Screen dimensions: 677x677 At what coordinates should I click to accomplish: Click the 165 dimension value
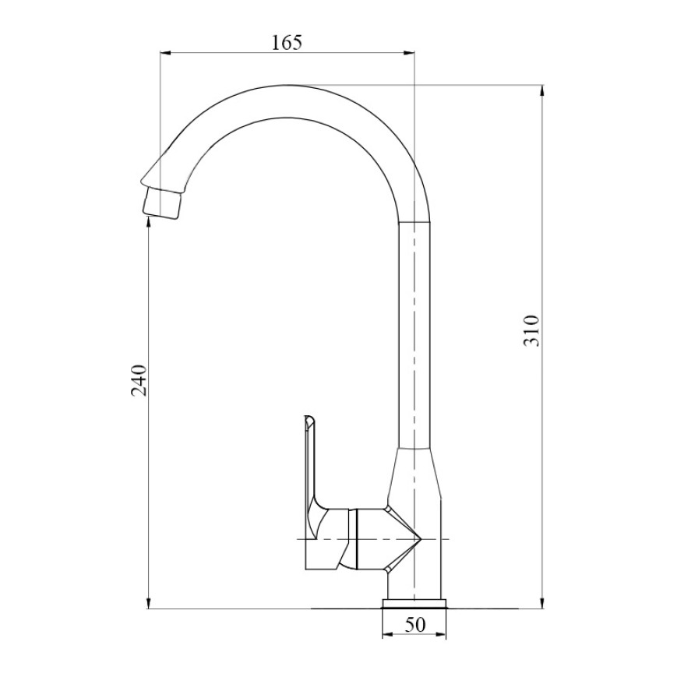(x=287, y=42)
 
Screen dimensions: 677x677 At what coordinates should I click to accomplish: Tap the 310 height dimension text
(x=531, y=331)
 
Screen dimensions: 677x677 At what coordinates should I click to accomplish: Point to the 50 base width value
(x=415, y=625)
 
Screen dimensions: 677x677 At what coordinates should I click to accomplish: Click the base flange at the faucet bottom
(x=414, y=603)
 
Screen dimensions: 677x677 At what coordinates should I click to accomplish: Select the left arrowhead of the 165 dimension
(x=166, y=53)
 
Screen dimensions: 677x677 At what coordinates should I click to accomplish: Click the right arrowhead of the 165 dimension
(x=408, y=53)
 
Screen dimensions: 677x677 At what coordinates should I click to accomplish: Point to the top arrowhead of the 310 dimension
(x=542, y=90)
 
